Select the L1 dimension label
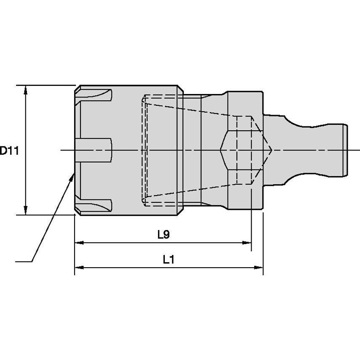169,260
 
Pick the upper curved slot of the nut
95,95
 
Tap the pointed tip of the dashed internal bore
271,150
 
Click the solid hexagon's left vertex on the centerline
221,150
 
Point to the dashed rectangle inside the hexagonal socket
244,150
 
